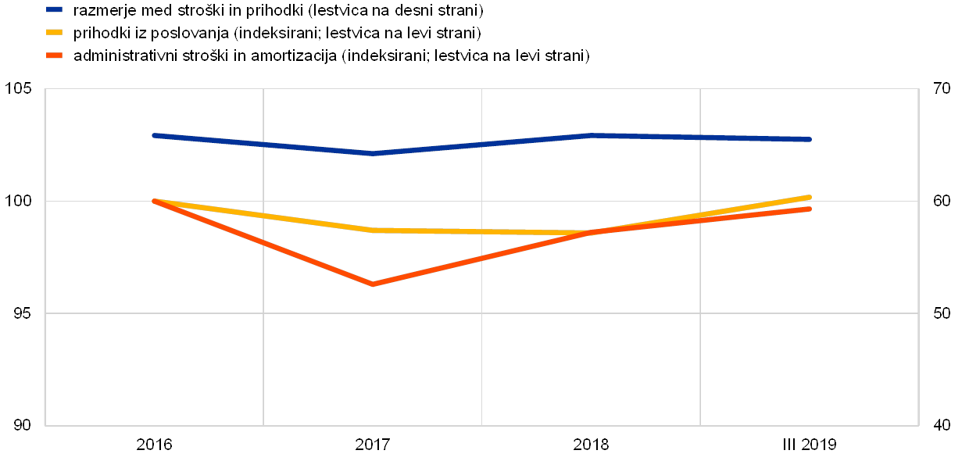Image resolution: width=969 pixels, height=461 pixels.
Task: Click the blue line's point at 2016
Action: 155,135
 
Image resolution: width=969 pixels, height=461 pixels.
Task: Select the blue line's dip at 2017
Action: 374,153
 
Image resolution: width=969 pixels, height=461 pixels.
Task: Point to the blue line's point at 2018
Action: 592,135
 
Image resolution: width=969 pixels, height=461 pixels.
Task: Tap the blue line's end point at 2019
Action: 810,139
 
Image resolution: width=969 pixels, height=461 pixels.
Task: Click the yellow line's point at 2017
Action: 374,230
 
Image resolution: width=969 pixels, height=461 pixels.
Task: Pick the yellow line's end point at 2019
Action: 810,197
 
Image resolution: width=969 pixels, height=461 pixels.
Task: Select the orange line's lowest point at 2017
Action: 374,284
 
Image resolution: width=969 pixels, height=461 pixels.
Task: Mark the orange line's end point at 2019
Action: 810,209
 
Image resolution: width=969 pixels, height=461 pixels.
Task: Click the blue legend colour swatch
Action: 54,10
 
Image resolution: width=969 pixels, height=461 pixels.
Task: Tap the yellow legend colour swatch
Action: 54,33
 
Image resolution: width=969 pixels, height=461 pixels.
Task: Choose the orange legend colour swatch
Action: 54,55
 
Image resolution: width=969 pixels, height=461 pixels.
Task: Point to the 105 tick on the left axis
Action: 21,89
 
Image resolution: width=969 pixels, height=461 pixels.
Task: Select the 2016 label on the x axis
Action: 155,445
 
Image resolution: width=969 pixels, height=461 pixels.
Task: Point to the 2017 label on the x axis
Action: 374,445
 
